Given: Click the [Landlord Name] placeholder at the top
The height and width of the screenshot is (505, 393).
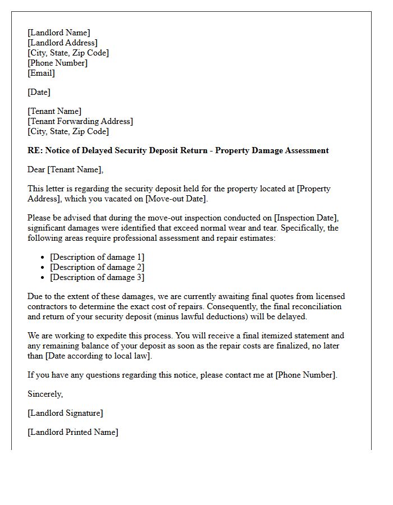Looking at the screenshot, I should coord(58,33).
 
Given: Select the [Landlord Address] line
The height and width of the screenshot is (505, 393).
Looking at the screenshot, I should coord(62,43).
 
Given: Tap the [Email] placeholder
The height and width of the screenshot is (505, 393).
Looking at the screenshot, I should coord(41,73).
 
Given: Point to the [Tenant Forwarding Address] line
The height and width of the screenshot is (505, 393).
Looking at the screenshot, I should coord(80,121).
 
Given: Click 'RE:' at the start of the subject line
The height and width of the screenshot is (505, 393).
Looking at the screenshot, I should coord(35,150).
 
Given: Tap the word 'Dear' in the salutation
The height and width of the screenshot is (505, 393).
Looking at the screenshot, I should coord(36,169).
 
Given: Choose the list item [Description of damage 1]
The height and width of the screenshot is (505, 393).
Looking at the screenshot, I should coord(97,257).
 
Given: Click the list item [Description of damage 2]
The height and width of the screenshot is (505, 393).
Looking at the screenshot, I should coord(97,267).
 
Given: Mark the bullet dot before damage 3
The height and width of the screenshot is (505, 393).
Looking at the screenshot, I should coord(43,277).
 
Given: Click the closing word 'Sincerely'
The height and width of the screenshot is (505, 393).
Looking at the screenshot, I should coord(45,394).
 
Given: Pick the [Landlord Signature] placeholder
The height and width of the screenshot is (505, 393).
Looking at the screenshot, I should coord(65,413).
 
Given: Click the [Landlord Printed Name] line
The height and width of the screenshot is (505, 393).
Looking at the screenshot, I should coord(73,432).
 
